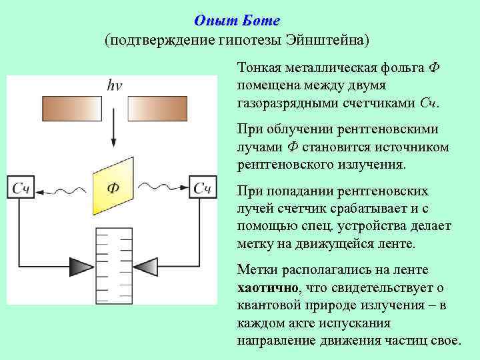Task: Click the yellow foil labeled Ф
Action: (113, 187)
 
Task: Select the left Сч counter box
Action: (21, 189)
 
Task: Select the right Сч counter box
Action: (203, 189)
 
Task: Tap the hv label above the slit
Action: (114, 85)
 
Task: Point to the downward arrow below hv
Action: (114, 130)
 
